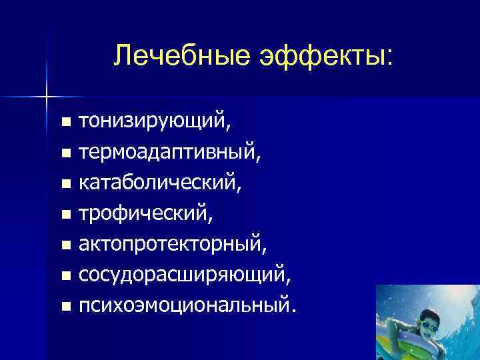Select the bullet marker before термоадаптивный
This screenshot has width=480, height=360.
click(65, 154)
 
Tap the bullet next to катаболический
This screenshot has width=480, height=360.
click(65, 185)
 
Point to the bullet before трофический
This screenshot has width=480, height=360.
click(65, 215)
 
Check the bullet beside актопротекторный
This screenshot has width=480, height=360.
click(65, 246)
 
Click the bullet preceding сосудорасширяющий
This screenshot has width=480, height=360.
click(65, 277)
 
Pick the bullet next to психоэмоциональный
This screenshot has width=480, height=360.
click(65, 307)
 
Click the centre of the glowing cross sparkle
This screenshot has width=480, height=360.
click(47, 97)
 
